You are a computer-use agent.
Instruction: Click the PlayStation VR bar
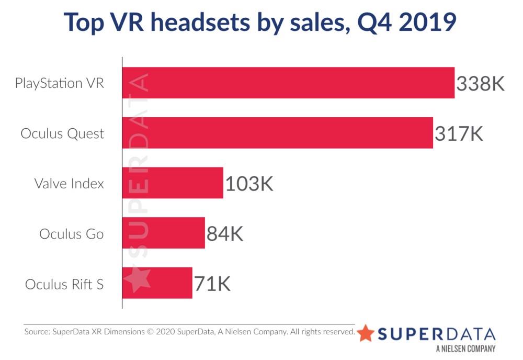(x=288, y=83)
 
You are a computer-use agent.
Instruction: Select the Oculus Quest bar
(x=278, y=133)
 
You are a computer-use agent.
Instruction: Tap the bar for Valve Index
(x=173, y=183)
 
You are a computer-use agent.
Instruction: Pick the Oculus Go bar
(x=164, y=233)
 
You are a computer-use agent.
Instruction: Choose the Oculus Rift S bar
(x=157, y=283)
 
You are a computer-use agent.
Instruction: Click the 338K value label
(x=480, y=84)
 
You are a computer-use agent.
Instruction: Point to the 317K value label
(x=459, y=134)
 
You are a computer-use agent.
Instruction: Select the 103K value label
(x=249, y=184)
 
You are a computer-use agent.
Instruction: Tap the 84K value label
(x=225, y=234)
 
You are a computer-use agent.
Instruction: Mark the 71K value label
(x=212, y=284)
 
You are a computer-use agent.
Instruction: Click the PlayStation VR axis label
(x=60, y=83)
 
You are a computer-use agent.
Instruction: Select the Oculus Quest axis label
(x=62, y=133)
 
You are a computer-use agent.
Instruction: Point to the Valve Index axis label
(x=69, y=184)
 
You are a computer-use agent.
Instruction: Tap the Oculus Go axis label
(x=72, y=234)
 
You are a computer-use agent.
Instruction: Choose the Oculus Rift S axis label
(x=64, y=284)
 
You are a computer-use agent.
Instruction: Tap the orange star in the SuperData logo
(x=366, y=333)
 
